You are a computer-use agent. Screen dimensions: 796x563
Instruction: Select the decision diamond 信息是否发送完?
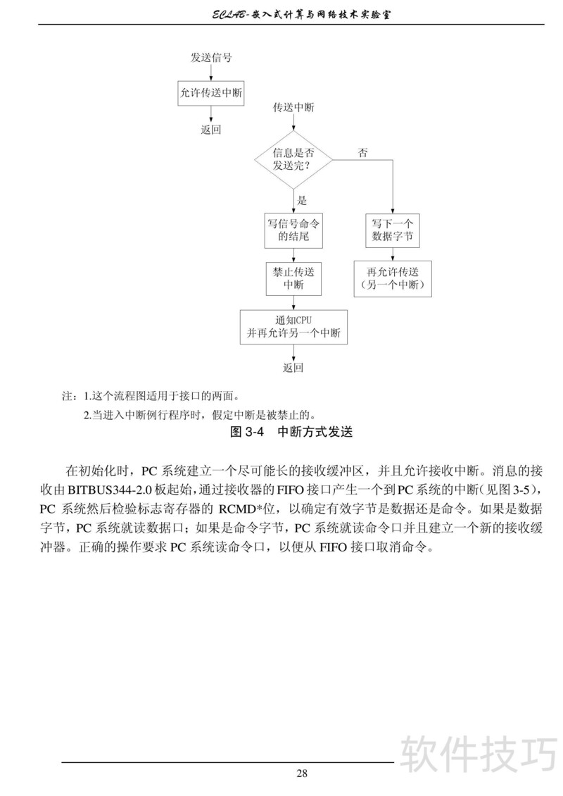pos(293,159)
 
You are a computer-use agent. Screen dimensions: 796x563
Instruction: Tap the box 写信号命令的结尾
pos(293,230)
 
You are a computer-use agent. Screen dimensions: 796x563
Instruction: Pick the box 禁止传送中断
pos(293,278)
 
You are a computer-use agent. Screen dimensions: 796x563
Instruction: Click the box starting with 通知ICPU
pos(293,327)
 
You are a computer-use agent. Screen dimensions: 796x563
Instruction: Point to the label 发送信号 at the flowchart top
pos(211,58)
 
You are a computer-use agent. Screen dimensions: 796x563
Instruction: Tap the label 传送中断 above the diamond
pos(293,108)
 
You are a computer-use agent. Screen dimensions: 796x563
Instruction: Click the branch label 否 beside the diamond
pos(363,153)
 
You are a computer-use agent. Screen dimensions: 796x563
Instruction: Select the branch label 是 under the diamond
pos(303,200)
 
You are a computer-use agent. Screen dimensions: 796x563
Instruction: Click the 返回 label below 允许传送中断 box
pos(211,130)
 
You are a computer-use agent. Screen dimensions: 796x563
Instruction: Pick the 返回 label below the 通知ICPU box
pos(293,368)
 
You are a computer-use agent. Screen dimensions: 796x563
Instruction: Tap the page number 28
pos(301,773)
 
